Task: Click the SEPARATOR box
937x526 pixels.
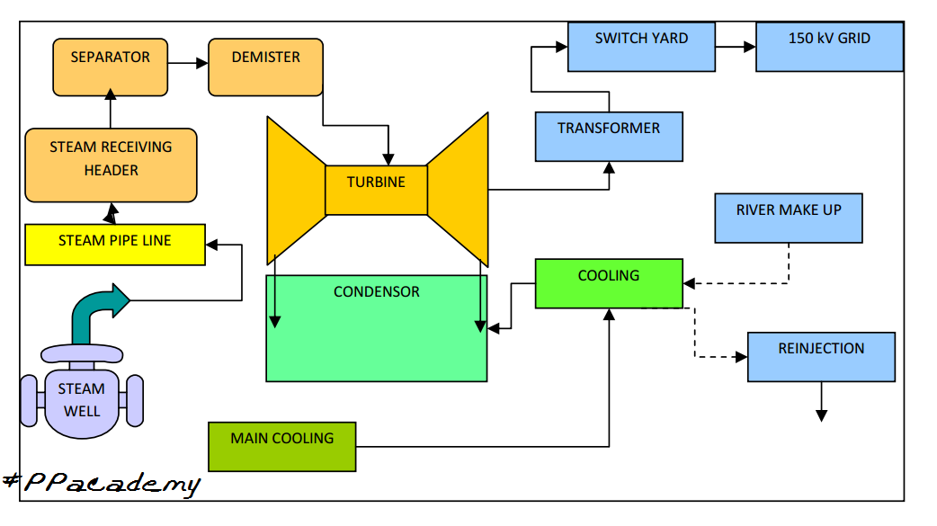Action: click(x=111, y=67)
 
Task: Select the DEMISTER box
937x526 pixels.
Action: click(x=265, y=67)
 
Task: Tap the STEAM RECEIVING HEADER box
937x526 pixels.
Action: click(x=111, y=165)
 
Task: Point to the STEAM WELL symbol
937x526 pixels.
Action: click(x=82, y=400)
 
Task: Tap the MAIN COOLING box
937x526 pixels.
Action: click(x=282, y=446)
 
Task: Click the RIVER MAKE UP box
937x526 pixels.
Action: click(x=789, y=218)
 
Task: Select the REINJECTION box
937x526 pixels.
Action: click(x=821, y=357)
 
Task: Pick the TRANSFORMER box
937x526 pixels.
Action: click(x=609, y=137)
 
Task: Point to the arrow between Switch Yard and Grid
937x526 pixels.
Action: click(x=736, y=47)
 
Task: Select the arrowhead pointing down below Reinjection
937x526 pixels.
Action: click(x=821, y=415)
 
